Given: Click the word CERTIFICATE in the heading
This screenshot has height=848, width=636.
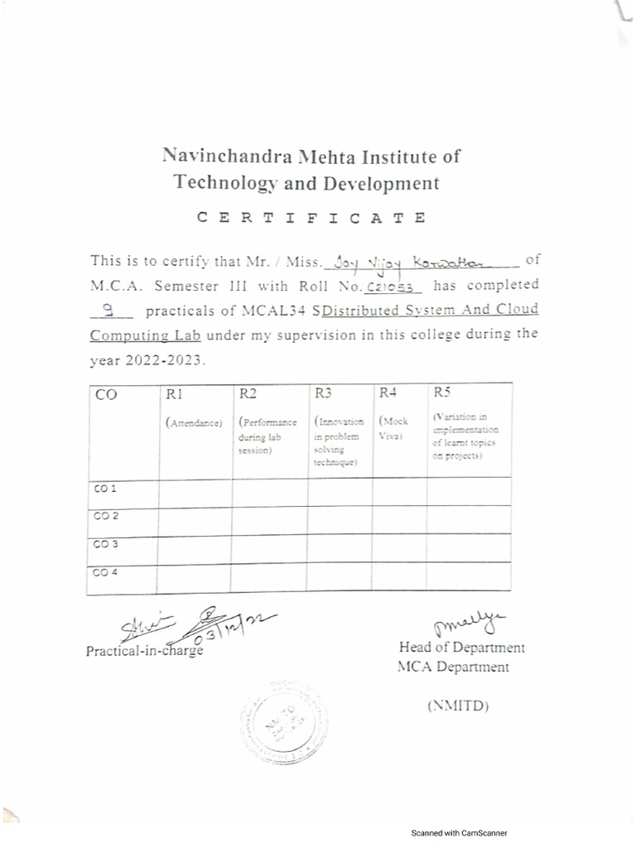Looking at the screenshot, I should (x=312, y=219).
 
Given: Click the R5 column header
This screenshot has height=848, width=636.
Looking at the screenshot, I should (x=441, y=393).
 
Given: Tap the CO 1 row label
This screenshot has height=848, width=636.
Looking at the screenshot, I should (x=104, y=489).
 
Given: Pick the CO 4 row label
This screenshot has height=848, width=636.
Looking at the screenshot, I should (x=104, y=573).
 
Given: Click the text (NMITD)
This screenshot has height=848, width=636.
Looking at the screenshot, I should (x=458, y=706).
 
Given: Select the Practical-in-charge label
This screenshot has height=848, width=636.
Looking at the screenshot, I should (x=144, y=651).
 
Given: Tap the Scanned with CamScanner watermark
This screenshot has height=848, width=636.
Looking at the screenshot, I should (x=460, y=833).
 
